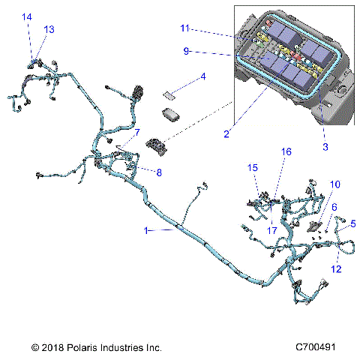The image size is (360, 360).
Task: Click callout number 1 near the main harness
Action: point(145,231)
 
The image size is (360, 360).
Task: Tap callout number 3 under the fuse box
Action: point(325,147)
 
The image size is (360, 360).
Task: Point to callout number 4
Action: point(202,76)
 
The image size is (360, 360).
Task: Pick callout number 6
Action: point(334,206)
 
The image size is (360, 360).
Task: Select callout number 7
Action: point(137,132)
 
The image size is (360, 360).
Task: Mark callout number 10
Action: point(334,184)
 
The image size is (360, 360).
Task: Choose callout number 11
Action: point(184,28)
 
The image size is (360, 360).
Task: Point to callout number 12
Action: point(336,268)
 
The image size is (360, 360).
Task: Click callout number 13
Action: point(49,28)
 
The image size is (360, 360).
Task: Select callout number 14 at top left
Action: point(27,16)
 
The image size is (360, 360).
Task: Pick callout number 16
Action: point(286,172)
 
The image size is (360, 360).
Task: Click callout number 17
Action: point(273,230)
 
